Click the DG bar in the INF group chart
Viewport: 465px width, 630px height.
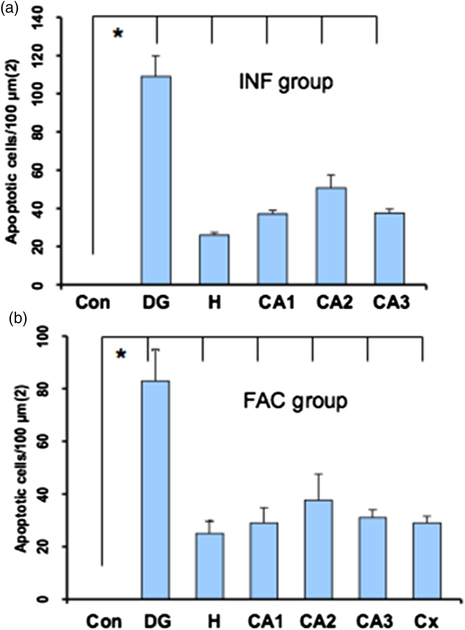pos(156,179)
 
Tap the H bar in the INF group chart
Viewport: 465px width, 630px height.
pos(214,259)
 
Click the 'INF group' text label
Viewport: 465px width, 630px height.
pos(286,82)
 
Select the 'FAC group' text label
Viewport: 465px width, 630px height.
pos(295,401)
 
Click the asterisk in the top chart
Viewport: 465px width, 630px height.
pos(118,33)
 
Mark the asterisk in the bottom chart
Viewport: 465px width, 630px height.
pos(121,354)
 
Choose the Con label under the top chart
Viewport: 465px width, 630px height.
pos(93,303)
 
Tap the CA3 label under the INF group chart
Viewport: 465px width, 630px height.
pos(391,303)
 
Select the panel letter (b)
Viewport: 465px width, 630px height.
pos(18,318)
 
